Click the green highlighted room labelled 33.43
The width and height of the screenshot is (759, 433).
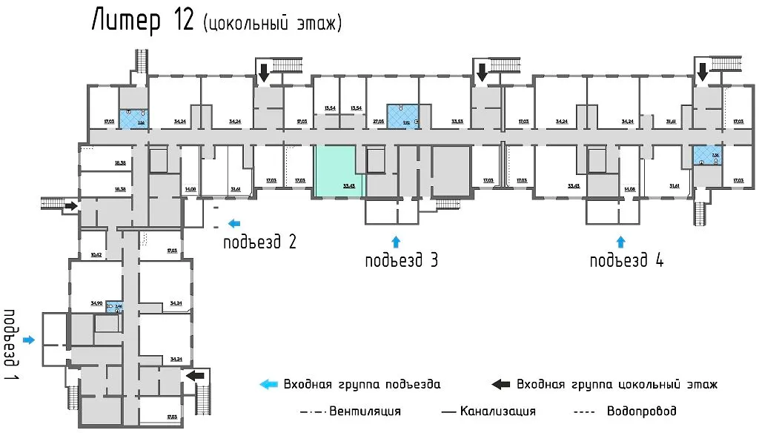(x=339, y=171)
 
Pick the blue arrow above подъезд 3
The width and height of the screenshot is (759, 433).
(x=395, y=240)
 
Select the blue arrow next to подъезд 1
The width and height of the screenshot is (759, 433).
(x=29, y=340)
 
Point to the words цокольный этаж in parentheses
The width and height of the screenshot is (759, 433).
(x=272, y=24)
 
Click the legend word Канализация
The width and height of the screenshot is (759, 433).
(x=497, y=411)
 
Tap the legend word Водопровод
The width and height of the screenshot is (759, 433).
(x=641, y=411)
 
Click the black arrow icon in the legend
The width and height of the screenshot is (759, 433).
(x=501, y=384)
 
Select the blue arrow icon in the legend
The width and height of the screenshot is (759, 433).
(x=268, y=384)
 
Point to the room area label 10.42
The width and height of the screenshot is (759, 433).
(x=96, y=254)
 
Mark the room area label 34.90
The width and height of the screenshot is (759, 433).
(x=96, y=303)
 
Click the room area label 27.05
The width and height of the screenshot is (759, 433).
(x=377, y=120)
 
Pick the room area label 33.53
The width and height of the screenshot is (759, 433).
(x=458, y=120)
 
